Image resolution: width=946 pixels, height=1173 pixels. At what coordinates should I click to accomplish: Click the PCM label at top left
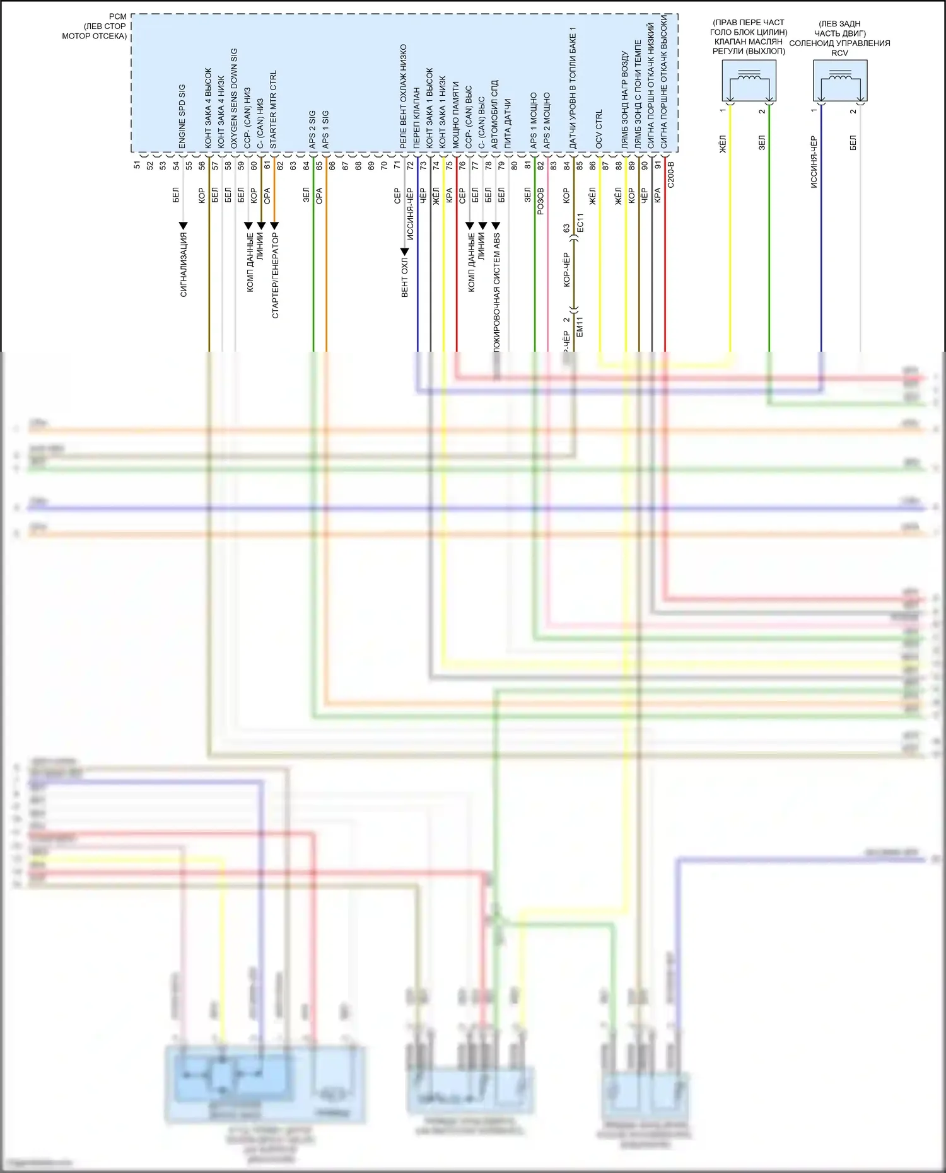[x=117, y=16]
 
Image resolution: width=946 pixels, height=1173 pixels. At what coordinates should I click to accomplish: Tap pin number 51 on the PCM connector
[x=137, y=166]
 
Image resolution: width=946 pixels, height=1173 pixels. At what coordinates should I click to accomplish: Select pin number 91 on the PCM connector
[x=658, y=166]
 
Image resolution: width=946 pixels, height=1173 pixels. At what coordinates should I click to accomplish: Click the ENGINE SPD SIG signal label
[x=182, y=117]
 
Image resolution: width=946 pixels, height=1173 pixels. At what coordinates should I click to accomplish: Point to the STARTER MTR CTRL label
[x=273, y=109]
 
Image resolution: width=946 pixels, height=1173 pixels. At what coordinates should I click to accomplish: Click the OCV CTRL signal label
[x=599, y=129]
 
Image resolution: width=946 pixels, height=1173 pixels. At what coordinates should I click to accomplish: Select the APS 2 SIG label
[x=312, y=130]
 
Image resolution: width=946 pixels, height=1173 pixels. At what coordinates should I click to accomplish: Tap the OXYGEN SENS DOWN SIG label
[x=234, y=98]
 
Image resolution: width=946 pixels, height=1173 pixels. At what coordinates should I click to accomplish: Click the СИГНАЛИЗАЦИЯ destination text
[x=184, y=264]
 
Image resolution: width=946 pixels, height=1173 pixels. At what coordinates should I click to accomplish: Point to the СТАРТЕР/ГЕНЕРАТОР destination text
[x=275, y=275]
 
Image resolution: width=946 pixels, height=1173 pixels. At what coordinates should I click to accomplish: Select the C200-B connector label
[x=670, y=175]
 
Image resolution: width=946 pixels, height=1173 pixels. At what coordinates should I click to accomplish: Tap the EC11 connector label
[x=580, y=222]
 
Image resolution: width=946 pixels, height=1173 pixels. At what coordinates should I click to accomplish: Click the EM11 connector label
[x=580, y=326]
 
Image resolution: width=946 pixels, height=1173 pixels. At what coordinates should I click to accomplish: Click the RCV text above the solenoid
[x=839, y=53]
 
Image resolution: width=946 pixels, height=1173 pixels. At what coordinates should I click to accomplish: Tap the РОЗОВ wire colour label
[x=540, y=201]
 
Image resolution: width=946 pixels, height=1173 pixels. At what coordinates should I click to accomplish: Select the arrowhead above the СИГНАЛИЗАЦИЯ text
[x=184, y=225]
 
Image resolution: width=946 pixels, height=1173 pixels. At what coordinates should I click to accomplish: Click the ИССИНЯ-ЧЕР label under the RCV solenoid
[x=814, y=162]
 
